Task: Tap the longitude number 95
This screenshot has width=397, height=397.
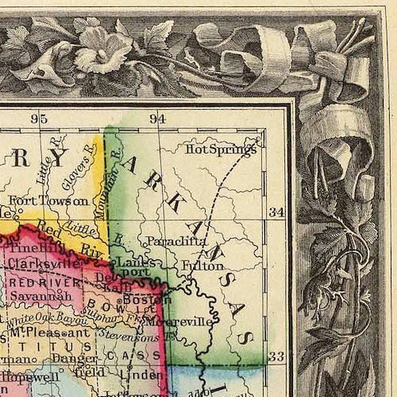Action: (39, 119)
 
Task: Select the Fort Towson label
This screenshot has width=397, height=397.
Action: (59, 200)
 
